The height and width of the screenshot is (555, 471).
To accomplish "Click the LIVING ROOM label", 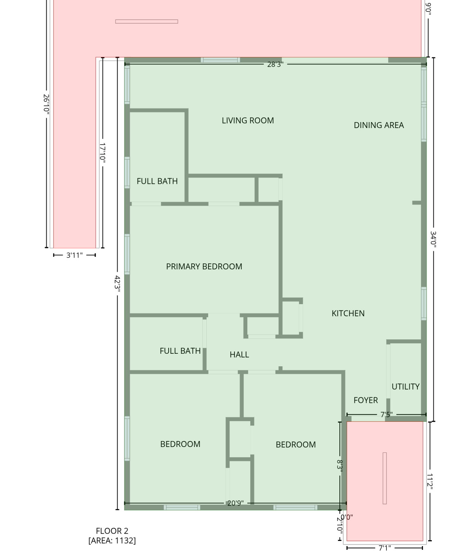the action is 248,121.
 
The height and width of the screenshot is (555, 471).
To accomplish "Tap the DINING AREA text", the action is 379,125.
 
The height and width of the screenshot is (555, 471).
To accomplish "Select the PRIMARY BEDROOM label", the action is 204,267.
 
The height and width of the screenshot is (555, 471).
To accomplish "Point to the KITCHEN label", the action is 348,313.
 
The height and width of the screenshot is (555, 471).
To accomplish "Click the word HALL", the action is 239,355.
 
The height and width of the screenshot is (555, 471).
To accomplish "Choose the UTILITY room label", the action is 405,387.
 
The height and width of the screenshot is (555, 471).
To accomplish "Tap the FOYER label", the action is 366,400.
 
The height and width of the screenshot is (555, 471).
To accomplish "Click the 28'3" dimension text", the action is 275,64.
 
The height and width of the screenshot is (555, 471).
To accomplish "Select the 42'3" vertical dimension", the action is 117,283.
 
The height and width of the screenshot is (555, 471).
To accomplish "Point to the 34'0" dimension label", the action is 433,240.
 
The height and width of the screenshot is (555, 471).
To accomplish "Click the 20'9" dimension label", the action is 235,503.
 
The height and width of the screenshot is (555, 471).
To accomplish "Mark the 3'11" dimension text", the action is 75,255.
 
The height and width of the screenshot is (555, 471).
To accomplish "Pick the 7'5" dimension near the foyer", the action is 386,415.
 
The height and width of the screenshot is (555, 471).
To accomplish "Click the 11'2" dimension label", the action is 430,481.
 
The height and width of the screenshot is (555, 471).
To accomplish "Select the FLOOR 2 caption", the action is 112,531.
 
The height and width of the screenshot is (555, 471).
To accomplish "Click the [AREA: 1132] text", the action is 112,541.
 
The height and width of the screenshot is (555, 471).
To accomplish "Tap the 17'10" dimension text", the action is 102,153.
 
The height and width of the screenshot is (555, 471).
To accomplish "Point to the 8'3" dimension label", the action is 339,465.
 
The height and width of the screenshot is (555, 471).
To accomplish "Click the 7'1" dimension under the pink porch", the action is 384,548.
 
